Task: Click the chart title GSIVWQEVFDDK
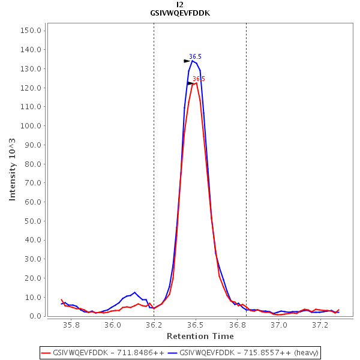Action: pos(180,13)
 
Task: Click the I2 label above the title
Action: pos(180,5)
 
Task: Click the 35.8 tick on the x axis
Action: pos(71,325)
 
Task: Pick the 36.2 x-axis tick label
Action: pos(154,325)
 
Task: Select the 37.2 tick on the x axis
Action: pos(320,325)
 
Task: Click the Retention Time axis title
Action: pos(200,336)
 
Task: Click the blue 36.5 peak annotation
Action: pos(195,57)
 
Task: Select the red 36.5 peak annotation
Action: pos(199,79)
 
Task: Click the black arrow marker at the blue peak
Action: pos(187,61)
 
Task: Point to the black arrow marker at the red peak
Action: pos(190,83)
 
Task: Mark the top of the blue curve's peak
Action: pos(193,61)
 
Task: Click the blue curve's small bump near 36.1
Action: pos(134,293)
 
